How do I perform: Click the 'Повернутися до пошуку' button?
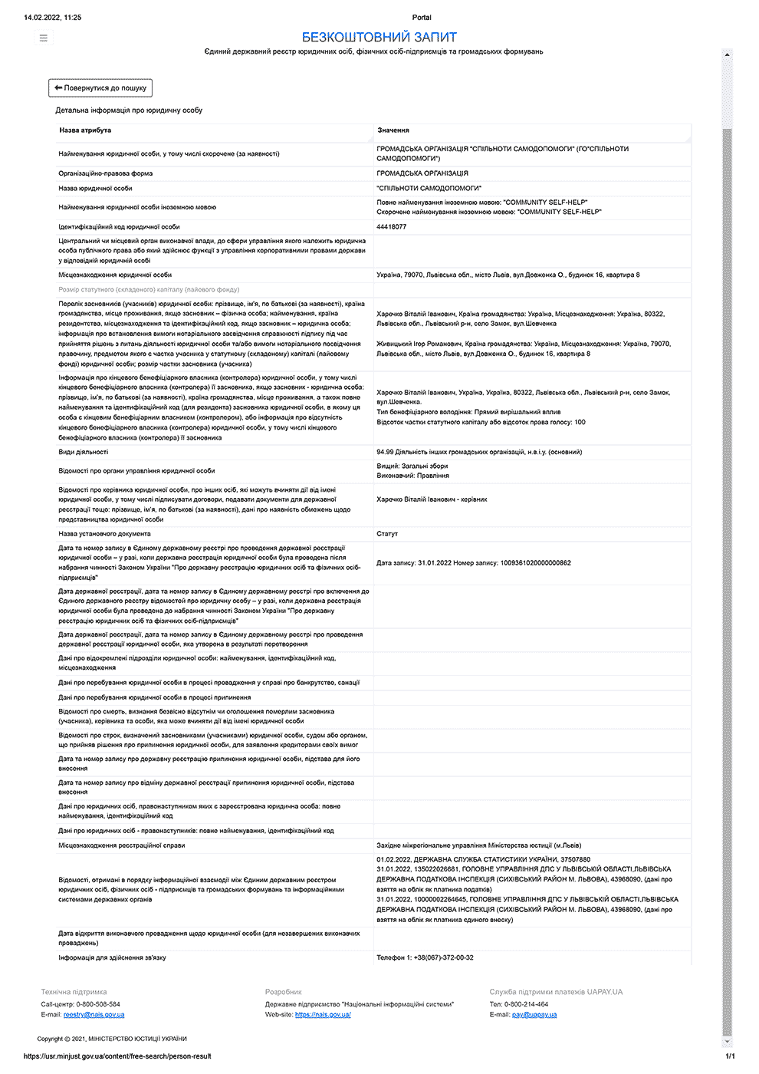point(100,88)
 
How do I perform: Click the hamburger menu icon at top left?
point(44,38)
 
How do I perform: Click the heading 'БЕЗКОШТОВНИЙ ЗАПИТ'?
point(379,37)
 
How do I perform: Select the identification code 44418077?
point(392,227)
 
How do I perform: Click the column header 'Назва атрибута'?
point(85,130)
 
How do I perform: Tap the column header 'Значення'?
point(393,130)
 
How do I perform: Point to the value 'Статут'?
point(387,534)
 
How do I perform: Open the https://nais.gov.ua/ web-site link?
point(323,1014)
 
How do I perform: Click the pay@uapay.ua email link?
point(534,1014)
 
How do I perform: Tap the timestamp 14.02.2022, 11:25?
point(52,17)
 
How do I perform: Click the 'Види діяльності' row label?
point(84,452)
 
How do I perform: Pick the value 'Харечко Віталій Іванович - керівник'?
point(432,499)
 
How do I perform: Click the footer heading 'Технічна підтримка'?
point(74,992)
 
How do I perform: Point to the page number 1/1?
point(730,1056)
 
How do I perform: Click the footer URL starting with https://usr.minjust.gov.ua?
point(117,1056)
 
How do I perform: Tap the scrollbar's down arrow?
point(728,1042)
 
